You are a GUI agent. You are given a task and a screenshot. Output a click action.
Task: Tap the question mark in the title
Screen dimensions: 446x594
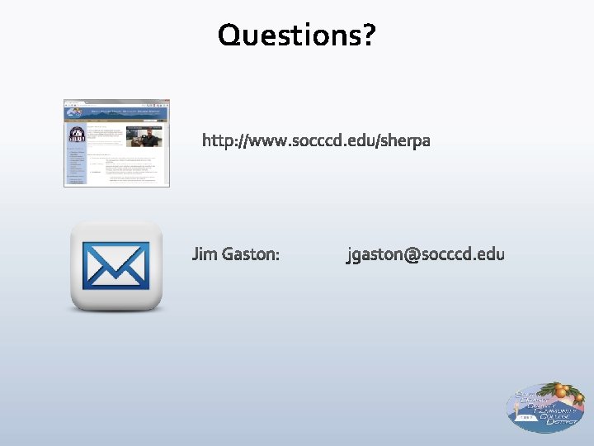(x=368, y=35)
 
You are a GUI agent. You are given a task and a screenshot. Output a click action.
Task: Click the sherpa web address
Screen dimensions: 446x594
(x=316, y=141)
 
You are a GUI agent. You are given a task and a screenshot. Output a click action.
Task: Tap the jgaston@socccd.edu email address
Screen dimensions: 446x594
(x=425, y=254)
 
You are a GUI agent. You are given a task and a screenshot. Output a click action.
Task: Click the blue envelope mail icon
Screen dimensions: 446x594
(x=116, y=265)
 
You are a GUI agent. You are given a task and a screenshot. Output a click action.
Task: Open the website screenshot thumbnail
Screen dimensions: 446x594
(x=117, y=143)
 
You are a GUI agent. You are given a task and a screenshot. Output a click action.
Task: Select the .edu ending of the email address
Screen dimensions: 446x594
(x=488, y=254)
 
